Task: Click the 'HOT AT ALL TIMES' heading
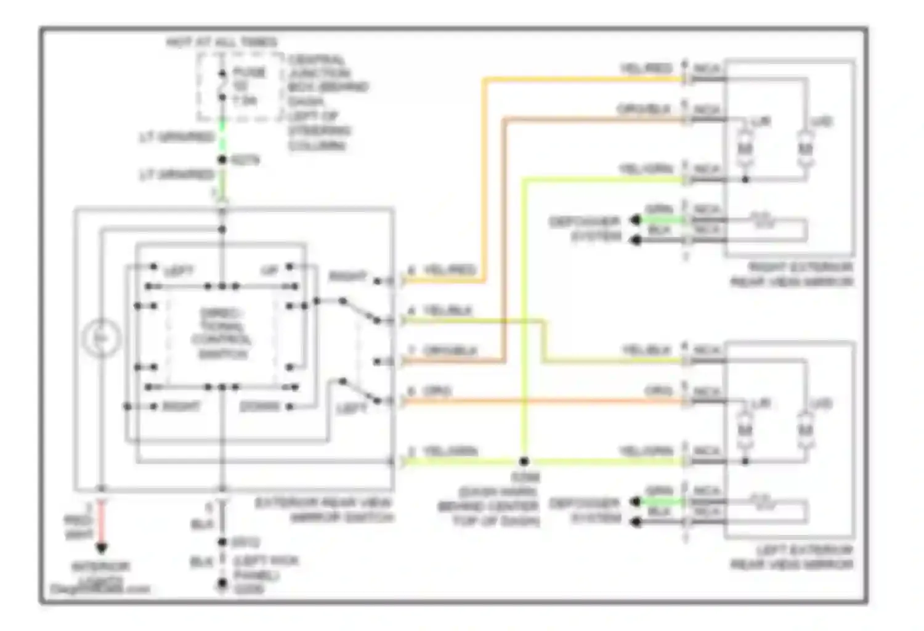pyautogui.click(x=222, y=43)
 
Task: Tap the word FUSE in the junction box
pyautogui.click(x=249, y=73)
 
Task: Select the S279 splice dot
pyautogui.click(x=222, y=160)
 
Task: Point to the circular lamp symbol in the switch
pyautogui.click(x=102, y=338)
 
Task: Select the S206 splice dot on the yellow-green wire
pyautogui.click(x=524, y=461)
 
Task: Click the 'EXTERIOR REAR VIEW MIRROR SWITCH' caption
pyautogui.click(x=325, y=511)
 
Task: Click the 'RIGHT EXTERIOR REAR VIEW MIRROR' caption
pyautogui.click(x=792, y=275)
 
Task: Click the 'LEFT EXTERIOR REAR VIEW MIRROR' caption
pyautogui.click(x=792, y=557)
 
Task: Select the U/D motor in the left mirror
pyautogui.click(x=804, y=430)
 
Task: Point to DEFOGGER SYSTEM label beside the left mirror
pyautogui.click(x=584, y=511)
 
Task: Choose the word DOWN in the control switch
pyautogui.click(x=259, y=407)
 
